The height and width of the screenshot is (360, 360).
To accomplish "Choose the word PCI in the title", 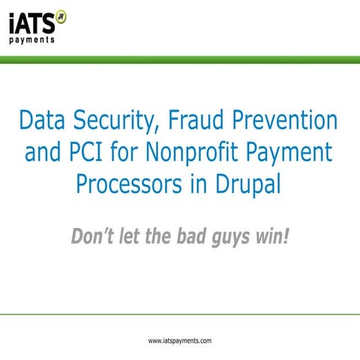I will [91, 154].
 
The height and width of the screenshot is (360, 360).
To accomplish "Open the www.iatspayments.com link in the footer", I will [180, 340].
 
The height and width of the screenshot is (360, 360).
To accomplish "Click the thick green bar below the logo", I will [180, 59].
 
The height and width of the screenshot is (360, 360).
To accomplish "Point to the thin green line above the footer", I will [180, 315].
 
